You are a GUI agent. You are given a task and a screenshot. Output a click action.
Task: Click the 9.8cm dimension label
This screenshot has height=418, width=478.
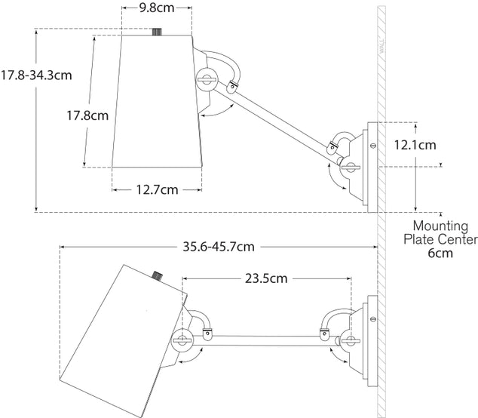(158, 10)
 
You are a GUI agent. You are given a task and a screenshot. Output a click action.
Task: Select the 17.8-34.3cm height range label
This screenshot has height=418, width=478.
(36, 75)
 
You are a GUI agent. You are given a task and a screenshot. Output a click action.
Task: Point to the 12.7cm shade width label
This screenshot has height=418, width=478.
(158, 189)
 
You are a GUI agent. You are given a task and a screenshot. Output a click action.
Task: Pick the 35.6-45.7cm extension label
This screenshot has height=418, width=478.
(219, 246)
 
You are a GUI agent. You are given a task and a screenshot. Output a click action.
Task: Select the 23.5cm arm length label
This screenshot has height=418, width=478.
(266, 278)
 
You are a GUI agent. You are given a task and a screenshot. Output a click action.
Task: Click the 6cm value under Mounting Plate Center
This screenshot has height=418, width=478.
(440, 254)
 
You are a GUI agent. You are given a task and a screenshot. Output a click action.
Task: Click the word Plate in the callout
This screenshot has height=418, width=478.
(421, 240)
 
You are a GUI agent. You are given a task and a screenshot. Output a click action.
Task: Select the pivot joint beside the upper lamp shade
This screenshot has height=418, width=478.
(207, 77)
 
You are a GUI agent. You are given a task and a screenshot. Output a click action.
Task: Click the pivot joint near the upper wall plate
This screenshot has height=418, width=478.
(348, 165)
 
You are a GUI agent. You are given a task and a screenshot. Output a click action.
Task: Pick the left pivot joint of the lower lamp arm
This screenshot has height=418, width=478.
(182, 341)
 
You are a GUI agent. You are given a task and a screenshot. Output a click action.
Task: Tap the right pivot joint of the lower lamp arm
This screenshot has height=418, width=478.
(348, 341)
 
